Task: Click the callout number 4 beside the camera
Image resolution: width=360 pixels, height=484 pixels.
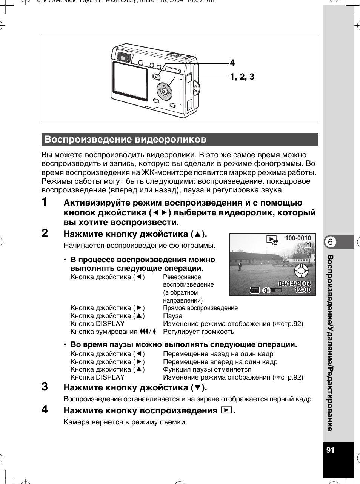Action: (232, 63)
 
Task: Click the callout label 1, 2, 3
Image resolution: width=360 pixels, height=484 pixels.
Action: (242, 77)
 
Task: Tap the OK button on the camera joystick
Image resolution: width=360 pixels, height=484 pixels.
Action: (164, 91)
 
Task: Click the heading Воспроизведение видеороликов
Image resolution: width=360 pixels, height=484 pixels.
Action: (125, 140)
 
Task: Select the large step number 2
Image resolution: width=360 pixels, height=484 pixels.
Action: (45, 233)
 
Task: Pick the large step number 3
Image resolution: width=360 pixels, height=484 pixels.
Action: (45, 386)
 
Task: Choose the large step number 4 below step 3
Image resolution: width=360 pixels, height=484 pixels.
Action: (45, 409)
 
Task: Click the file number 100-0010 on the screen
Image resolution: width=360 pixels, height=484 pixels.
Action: (298, 238)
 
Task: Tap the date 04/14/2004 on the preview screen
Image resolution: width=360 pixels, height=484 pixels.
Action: (295, 283)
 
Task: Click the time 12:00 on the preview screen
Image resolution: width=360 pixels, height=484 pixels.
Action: (303, 290)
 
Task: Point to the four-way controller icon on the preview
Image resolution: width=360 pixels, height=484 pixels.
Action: (301, 270)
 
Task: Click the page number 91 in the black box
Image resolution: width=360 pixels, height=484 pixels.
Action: (331, 450)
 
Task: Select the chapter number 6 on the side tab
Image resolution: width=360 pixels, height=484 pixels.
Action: (330, 242)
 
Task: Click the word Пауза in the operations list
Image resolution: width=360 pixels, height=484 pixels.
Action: (172, 316)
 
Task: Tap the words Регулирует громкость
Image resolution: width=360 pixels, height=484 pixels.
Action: (198, 332)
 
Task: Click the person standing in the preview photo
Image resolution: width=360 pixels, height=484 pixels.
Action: (239, 266)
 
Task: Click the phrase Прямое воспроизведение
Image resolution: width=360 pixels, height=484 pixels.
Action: (200, 308)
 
